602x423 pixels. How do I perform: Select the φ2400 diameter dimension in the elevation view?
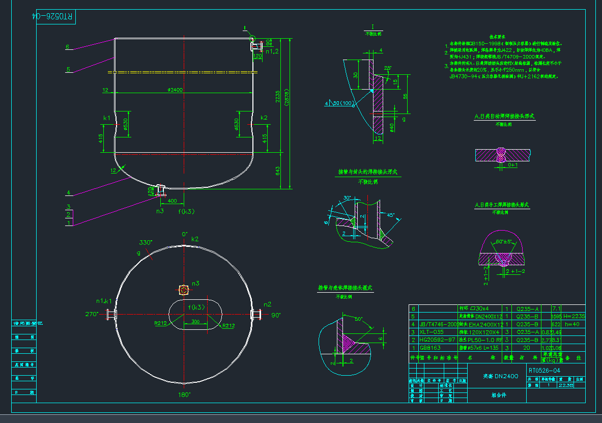click(175, 90)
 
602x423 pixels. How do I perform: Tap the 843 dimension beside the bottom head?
click(277, 171)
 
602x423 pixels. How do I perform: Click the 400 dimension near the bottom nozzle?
click(173, 201)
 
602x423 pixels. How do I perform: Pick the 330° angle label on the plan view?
click(146, 243)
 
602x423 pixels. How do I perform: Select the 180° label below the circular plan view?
click(184, 394)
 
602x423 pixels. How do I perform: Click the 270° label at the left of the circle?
click(92, 314)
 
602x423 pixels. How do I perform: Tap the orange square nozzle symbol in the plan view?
click(184, 290)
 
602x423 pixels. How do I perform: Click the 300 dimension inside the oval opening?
click(195, 322)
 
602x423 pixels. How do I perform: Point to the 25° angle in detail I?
click(388, 68)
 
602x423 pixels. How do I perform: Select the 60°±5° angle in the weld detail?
click(504, 241)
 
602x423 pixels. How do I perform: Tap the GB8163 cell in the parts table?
click(428, 348)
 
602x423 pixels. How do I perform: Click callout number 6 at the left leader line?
click(67, 47)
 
